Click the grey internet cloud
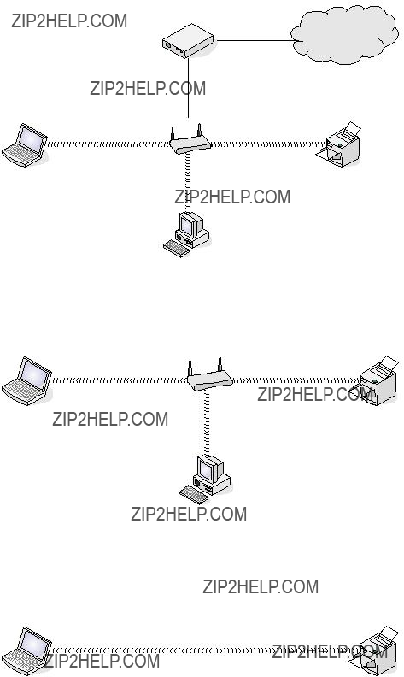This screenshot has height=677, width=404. [x=344, y=34]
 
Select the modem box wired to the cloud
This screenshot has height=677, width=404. [x=188, y=41]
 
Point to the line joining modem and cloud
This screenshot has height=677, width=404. [x=255, y=40]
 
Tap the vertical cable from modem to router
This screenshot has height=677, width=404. [x=188, y=88]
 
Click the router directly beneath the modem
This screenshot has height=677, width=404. [x=190, y=140]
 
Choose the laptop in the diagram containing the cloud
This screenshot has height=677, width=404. [x=25, y=145]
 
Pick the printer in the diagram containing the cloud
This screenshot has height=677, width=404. [x=339, y=144]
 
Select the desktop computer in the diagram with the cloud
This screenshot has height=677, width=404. [x=186, y=234]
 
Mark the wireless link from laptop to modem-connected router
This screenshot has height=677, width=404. [x=108, y=144]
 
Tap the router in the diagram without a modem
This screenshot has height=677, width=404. [x=210, y=375]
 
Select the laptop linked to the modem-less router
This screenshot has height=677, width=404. [x=26, y=381]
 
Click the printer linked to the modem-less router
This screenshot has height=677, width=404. [x=377, y=381]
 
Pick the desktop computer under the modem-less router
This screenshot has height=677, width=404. [x=206, y=480]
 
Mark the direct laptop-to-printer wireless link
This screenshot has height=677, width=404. [x=206, y=651]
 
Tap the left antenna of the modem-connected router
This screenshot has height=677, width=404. [x=173, y=133]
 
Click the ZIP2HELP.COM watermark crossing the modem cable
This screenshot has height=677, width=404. [x=148, y=89]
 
